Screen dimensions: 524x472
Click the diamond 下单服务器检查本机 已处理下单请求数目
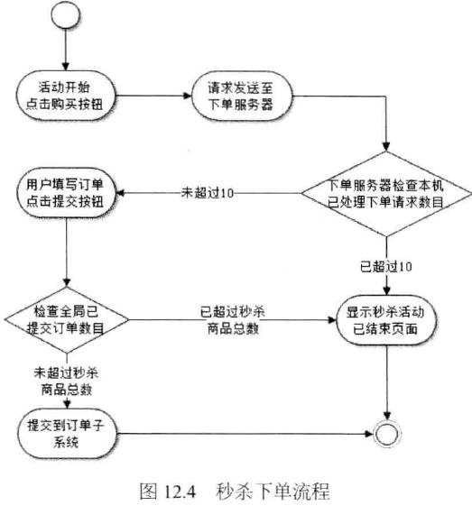[386, 194]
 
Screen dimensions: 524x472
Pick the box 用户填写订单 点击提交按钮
[67, 194]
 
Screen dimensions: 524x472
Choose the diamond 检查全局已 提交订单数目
[67, 319]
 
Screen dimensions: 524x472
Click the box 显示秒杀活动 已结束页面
[386, 319]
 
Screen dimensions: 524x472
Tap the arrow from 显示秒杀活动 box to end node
[386, 383]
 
